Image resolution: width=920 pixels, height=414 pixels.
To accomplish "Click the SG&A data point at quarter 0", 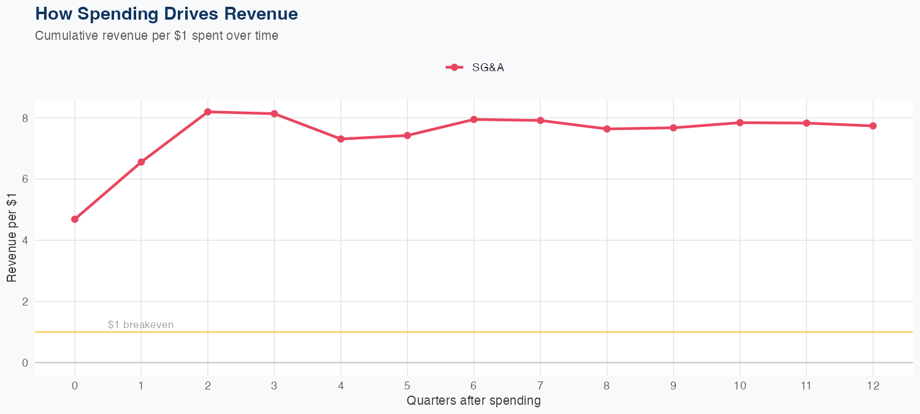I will [x=75, y=219].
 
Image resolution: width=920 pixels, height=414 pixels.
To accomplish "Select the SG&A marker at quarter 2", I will [x=208, y=112].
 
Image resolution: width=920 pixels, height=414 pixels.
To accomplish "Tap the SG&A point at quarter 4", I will [x=340, y=139].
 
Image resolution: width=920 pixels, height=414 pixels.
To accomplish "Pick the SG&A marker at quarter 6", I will [x=473, y=120].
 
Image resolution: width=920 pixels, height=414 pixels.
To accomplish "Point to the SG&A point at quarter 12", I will [x=873, y=126].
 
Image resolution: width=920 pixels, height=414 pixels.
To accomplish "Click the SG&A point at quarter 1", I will [x=141, y=162].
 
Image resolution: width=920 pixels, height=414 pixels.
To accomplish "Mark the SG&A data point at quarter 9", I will [x=673, y=128].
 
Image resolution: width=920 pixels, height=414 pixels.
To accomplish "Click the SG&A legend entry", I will [x=475, y=67].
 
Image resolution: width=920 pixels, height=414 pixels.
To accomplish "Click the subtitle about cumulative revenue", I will [x=156, y=36].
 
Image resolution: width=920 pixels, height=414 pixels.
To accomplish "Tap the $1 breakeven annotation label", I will [x=140, y=324].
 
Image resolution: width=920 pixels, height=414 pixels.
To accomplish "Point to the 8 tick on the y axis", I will [x=25, y=118].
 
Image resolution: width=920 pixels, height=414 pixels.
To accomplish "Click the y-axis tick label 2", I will [x=25, y=301].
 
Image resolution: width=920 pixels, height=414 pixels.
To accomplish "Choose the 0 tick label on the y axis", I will [x=25, y=362].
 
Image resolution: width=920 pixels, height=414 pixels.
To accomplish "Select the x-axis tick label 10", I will [x=740, y=386].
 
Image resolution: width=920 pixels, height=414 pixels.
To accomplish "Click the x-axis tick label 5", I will [x=407, y=386].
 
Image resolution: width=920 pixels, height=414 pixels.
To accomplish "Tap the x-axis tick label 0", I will [x=75, y=386].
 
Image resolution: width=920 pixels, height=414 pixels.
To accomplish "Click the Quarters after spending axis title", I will [x=473, y=401].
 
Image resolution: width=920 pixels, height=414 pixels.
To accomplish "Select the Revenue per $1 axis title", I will [x=12, y=237].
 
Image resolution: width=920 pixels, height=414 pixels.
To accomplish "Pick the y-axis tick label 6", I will [x=25, y=179].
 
